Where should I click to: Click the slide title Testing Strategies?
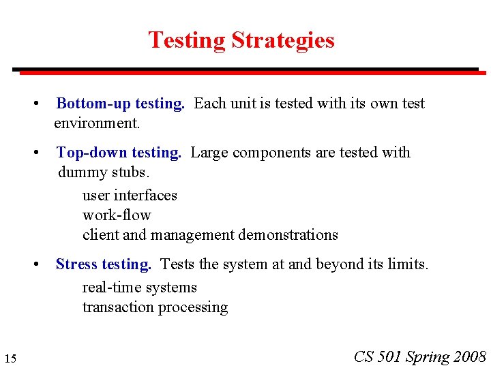coord(241,40)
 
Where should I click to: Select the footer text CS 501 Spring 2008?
coord(420,356)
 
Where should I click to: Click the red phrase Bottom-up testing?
coord(120,104)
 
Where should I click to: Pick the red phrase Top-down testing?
coord(119,153)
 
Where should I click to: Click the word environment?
coord(97,123)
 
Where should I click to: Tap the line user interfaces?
coord(130,196)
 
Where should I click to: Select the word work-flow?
coord(117,215)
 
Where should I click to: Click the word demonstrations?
coord(288,235)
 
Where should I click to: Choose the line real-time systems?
coord(139,288)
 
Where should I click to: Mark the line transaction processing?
coord(155,307)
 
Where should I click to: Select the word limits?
coord(408,264)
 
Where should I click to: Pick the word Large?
coord(209,153)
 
